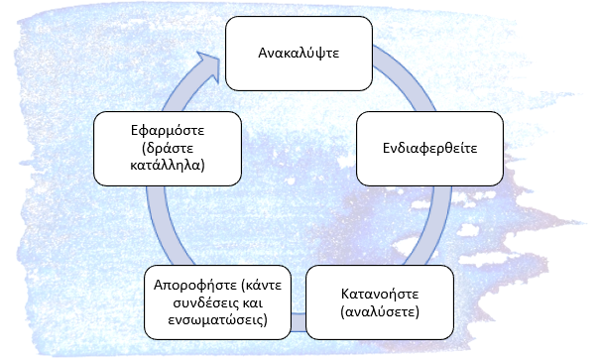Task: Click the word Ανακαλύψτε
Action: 299,53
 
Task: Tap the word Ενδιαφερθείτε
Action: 429,148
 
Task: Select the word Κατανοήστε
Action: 380,294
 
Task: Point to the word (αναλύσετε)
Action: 380,311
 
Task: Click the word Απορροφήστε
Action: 195,286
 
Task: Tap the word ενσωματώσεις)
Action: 218,319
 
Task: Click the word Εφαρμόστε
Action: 168,131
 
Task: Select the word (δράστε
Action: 168,148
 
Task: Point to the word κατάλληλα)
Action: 168,165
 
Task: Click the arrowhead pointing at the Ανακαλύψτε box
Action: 208,65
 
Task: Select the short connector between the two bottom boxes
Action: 299,322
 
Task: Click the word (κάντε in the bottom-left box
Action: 262,286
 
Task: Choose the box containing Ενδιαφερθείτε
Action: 429,149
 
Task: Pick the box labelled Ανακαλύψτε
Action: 299,54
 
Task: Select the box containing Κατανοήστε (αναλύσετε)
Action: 380,302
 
